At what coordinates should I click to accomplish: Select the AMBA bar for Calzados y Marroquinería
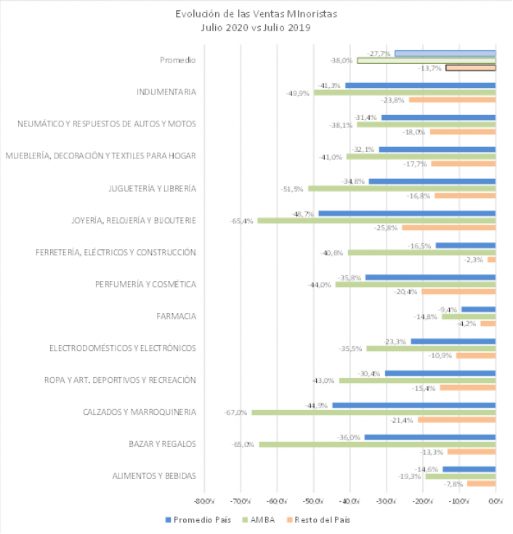[373, 413]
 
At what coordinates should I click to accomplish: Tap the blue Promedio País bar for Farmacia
[478, 309]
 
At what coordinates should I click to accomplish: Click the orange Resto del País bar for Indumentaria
[452, 100]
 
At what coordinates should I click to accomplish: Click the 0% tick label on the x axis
[495, 501]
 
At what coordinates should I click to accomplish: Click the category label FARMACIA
[177, 316]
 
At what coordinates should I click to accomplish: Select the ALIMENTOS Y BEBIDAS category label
[154, 476]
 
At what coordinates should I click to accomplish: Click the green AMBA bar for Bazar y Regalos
[377, 445]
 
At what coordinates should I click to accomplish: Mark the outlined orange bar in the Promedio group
[471, 68]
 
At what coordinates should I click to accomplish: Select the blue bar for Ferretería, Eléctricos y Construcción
[465, 245]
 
